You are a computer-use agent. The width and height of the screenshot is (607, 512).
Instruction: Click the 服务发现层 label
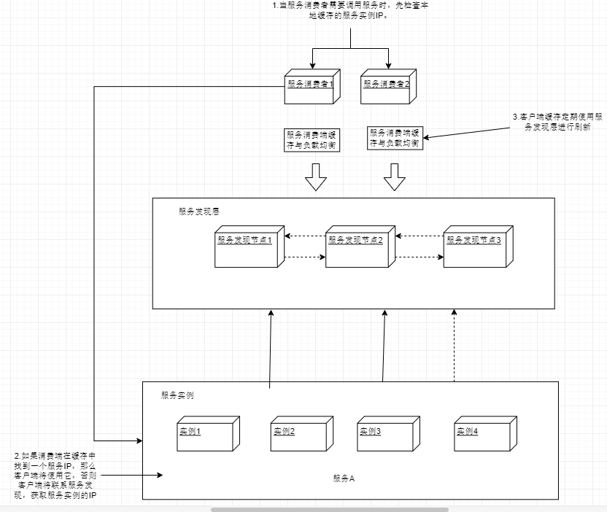pos(199,212)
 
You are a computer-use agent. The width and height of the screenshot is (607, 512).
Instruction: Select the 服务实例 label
pos(177,395)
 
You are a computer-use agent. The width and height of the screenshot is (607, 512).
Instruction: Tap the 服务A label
pos(343,478)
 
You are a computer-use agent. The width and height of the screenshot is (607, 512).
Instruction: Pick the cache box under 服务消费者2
pos(395,138)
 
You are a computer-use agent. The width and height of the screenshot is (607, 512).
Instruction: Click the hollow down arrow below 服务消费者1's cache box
pos(316,177)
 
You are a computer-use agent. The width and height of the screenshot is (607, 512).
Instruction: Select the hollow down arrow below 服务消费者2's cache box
pos(395,177)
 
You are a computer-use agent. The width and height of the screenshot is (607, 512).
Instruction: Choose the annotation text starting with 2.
pos(55,475)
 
